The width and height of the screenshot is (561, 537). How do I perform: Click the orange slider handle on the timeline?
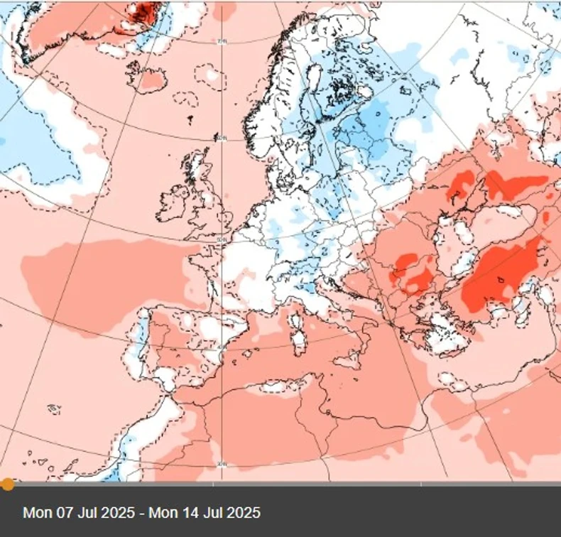(8, 484)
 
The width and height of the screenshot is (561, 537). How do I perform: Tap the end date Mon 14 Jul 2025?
(205, 512)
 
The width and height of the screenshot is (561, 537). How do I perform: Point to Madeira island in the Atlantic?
(54, 409)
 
